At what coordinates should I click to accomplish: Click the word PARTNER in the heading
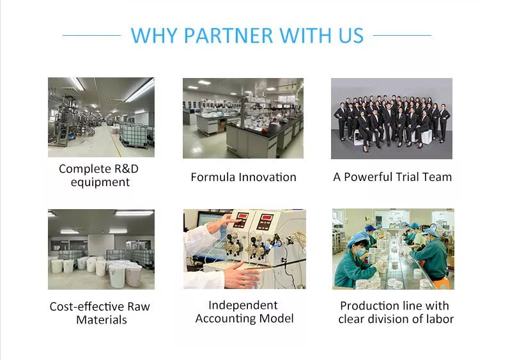[228, 35]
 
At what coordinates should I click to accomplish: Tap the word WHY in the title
[154, 35]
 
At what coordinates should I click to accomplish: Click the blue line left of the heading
[91, 35]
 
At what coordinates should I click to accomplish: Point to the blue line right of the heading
[402, 35]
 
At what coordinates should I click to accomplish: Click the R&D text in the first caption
[127, 169]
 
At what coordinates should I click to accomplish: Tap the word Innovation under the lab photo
[267, 177]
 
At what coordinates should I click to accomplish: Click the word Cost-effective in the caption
[87, 306]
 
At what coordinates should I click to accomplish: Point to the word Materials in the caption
[102, 320]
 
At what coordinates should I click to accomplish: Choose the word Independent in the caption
[243, 305]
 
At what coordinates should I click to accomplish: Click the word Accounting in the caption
[226, 318]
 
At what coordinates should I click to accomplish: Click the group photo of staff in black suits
[392, 118]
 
